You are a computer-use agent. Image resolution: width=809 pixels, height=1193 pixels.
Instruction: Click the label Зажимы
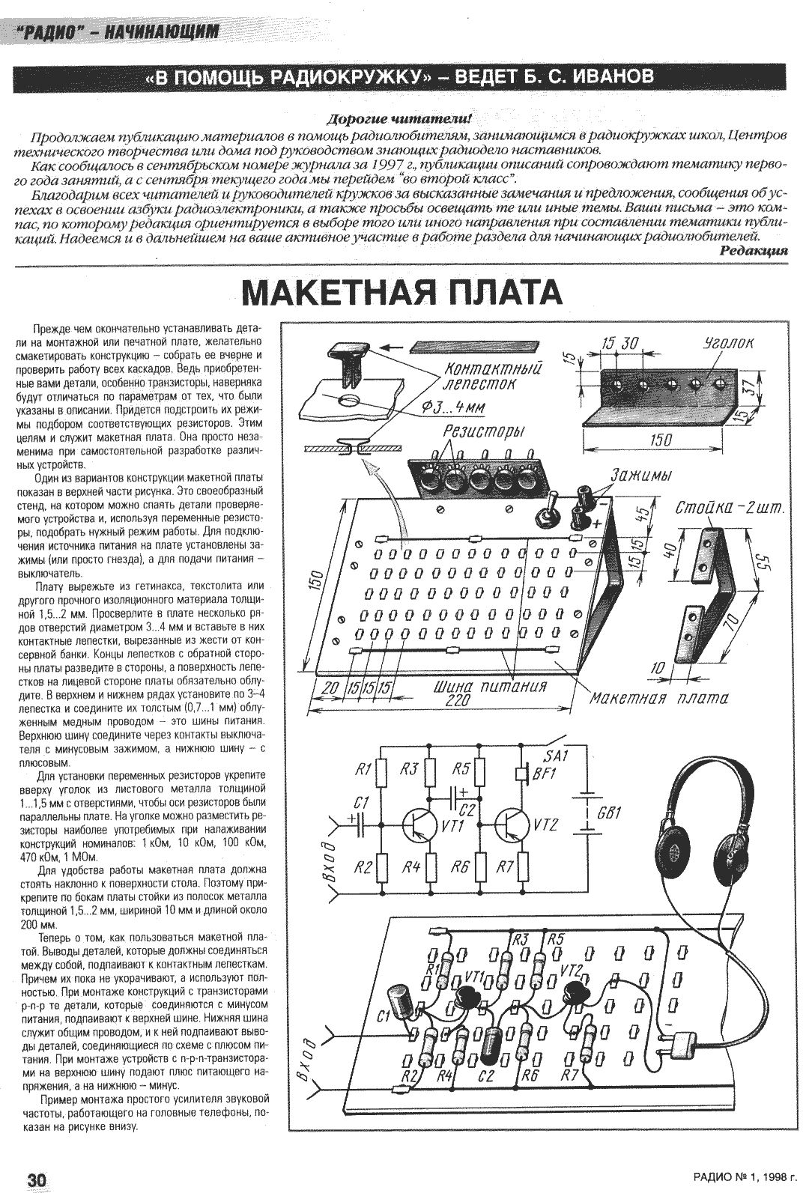click(640, 476)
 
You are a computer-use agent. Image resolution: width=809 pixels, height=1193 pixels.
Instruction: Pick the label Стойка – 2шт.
click(729, 509)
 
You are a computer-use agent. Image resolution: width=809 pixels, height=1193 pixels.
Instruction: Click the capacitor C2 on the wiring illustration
click(491, 1043)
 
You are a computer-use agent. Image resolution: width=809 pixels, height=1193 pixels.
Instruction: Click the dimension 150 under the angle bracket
click(661, 440)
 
